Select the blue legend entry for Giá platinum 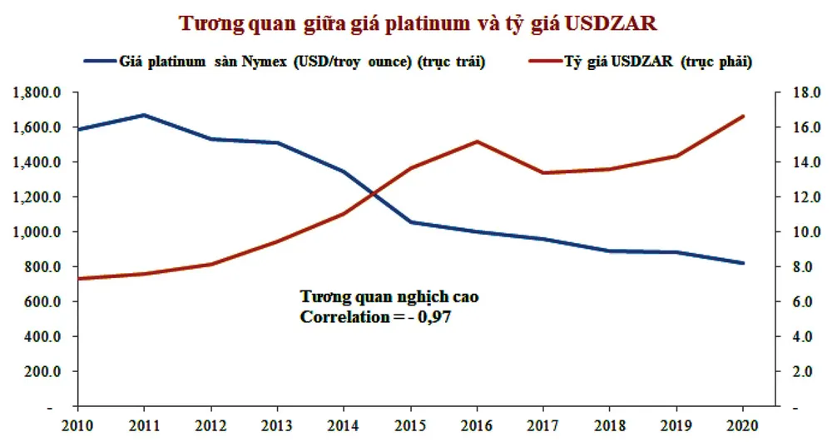[x=283, y=61]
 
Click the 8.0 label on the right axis [x=796, y=267]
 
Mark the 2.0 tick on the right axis [x=796, y=372]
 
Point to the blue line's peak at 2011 [x=144, y=115]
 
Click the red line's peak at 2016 [x=477, y=142]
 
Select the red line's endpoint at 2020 [x=742, y=117]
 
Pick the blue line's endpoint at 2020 [x=742, y=263]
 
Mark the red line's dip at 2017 [x=543, y=173]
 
